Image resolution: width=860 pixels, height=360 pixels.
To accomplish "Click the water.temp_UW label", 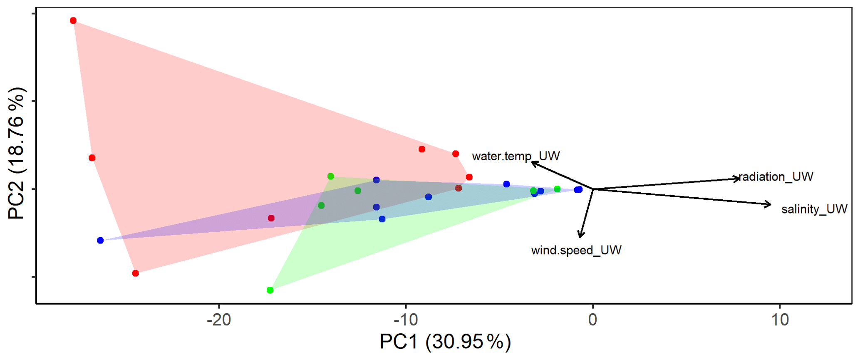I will pos(516,156).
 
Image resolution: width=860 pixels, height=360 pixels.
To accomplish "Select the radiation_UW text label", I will pos(776,176).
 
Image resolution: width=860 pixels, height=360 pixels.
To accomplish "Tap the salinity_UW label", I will pos(814,209).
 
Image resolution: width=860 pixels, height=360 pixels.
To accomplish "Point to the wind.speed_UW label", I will pos(576,250).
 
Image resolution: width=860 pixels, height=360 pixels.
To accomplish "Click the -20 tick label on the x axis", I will pos(219,320).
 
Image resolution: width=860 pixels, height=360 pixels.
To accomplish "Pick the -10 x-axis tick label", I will pos(406,320).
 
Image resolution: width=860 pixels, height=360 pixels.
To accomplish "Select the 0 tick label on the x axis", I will pos(592,320).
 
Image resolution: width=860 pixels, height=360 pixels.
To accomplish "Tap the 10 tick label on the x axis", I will pos(780,320).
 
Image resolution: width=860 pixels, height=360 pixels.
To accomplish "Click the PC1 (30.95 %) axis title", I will pos(445,342).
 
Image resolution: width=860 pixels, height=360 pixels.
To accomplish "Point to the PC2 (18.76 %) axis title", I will pos(17,154).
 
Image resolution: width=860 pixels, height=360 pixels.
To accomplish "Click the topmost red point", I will pos(73,20).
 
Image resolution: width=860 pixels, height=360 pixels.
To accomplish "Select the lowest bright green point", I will pos(270,290).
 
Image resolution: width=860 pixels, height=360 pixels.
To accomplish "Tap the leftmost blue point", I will pos(100,240).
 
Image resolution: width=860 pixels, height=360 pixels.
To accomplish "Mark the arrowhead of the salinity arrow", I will pos(770,204).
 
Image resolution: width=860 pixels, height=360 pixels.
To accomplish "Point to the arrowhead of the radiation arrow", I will pos(739,179).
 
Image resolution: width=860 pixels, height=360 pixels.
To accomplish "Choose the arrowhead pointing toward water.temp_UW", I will pos(533,163).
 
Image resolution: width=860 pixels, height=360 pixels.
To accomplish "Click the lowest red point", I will pos(135,273).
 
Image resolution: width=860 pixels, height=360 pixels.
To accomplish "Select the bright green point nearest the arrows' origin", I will pos(557,189).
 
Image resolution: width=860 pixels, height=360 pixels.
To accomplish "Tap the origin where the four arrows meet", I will pos(593,189).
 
